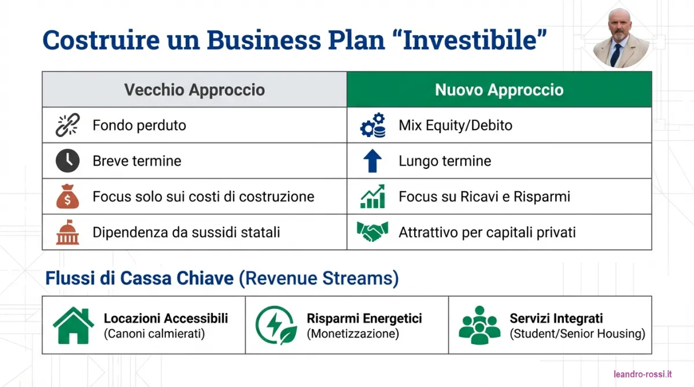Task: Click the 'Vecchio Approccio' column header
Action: coord(194,90)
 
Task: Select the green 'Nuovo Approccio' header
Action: coord(499,90)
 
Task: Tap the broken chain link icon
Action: coord(68,125)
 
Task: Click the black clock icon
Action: coord(68,161)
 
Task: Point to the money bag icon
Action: coord(68,197)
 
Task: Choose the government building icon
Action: coord(68,232)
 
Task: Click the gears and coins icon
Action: coord(372,125)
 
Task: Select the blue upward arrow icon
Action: coord(372,161)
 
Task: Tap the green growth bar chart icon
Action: coord(372,197)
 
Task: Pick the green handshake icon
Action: coord(372,231)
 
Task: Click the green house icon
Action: coord(73,325)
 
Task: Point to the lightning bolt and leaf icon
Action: coord(276,325)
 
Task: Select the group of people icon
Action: coord(479,325)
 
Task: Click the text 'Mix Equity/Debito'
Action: coord(456,126)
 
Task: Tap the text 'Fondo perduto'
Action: coord(139,126)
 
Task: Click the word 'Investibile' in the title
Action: coord(470,40)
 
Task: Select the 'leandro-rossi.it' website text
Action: coord(643,374)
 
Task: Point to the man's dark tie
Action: coord(615,54)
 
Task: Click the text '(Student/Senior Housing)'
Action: coord(578,334)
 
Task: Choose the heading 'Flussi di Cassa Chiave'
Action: coord(139,278)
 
